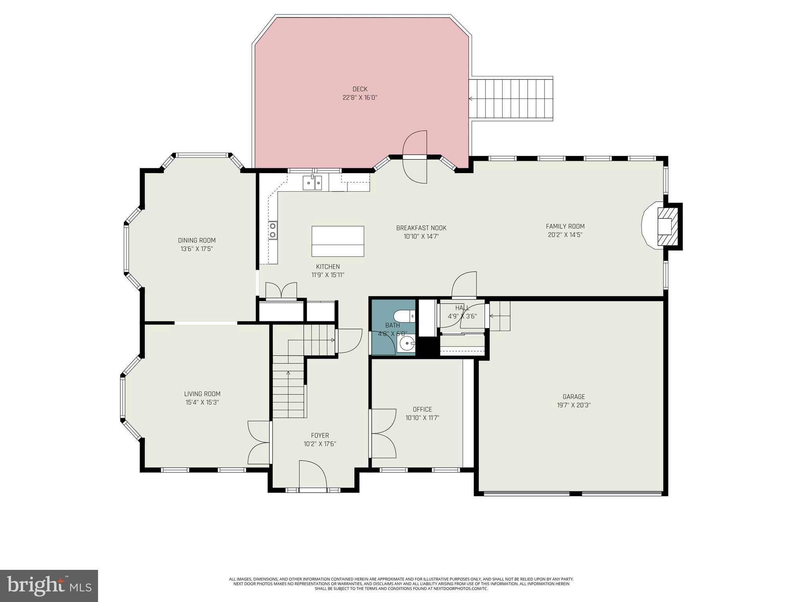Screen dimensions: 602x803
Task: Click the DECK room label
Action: click(x=360, y=89)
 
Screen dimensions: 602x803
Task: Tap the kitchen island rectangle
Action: click(x=338, y=241)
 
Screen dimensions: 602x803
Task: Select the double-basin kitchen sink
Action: click(x=312, y=183)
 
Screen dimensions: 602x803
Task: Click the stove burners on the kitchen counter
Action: click(x=273, y=230)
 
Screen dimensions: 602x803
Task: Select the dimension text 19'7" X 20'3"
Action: click(x=574, y=405)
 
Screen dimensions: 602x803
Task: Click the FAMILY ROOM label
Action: click(x=565, y=226)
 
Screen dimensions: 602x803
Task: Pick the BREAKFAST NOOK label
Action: click(x=421, y=228)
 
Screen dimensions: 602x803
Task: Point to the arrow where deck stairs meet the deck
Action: click(x=471, y=99)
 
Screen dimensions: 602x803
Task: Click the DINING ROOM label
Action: click(x=197, y=240)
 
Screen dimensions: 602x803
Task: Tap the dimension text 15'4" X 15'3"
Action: click(x=202, y=403)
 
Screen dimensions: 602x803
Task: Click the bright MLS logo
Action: click(x=49, y=586)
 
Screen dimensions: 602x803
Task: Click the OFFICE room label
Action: click(x=422, y=409)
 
